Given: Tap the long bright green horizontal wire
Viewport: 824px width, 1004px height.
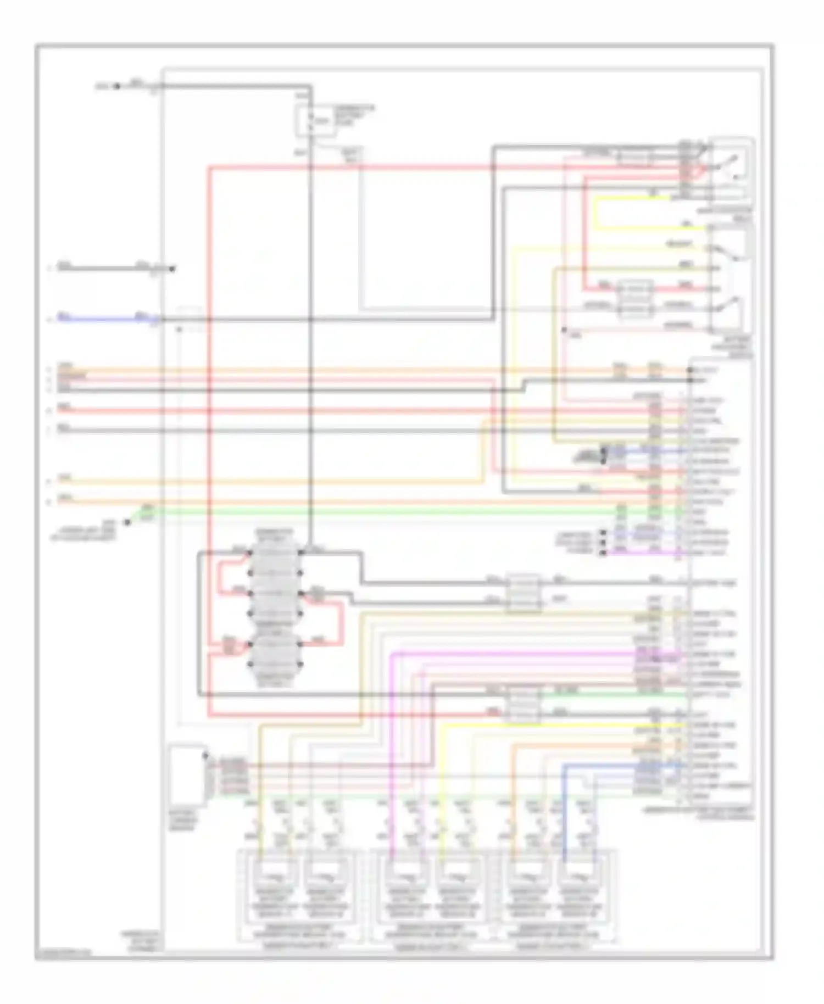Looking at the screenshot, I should (x=385, y=512).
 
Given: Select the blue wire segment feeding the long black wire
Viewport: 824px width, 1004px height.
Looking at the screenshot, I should (x=99, y=318).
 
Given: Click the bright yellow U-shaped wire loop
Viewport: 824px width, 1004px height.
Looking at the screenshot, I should (x=596, y=214).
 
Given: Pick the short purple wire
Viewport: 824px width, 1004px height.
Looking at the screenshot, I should (x=643, y=552).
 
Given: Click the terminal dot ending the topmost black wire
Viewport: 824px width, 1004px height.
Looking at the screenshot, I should (x=116, y=86).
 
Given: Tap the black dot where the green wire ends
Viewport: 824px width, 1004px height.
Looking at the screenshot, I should (x=126, y=522).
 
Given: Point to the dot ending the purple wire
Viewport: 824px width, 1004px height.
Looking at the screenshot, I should (x=603, y=553).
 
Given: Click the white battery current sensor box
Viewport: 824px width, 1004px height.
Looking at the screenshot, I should (x=187, y=774).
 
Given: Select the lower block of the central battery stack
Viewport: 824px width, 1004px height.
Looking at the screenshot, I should (x=275, y=656).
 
